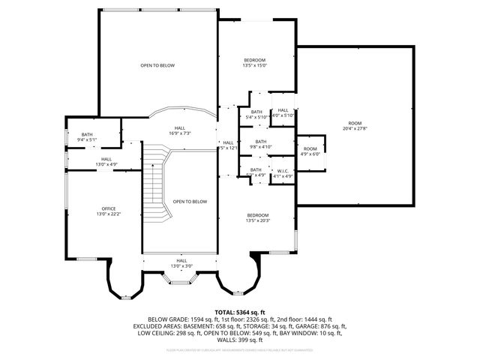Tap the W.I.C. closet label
coord(283,170)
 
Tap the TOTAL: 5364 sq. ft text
coord(239,311)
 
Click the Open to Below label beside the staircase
coord(189,201)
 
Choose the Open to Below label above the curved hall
coord(157,65)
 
